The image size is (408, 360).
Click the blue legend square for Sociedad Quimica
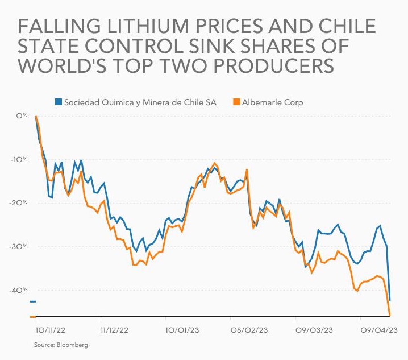click(58, 102)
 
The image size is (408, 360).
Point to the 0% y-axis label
click(22, 115)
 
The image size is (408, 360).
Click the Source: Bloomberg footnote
click(61, 345)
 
